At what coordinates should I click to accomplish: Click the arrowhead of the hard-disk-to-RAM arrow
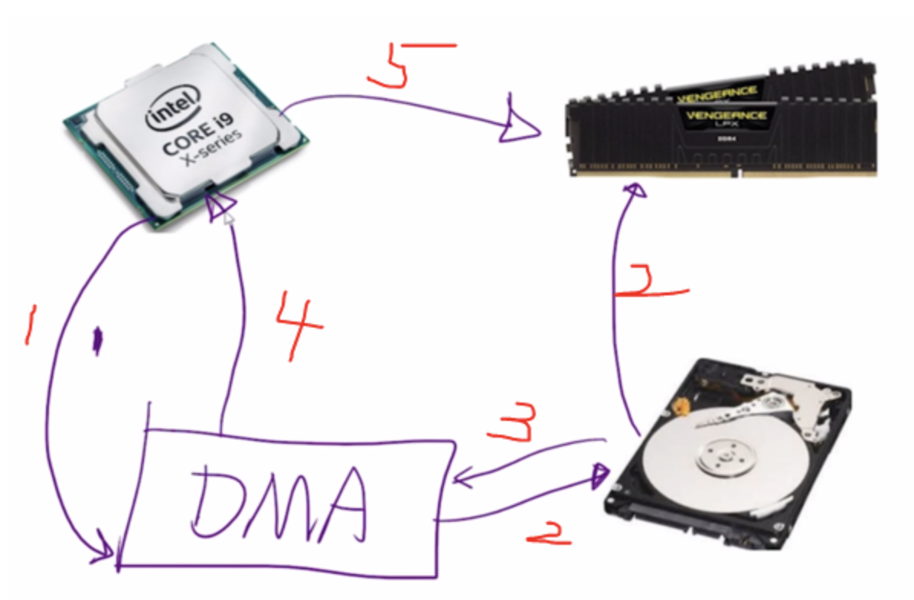[635, 191]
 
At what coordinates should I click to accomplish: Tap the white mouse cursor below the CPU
[228, 220]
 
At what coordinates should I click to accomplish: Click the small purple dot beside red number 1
[97, 341]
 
